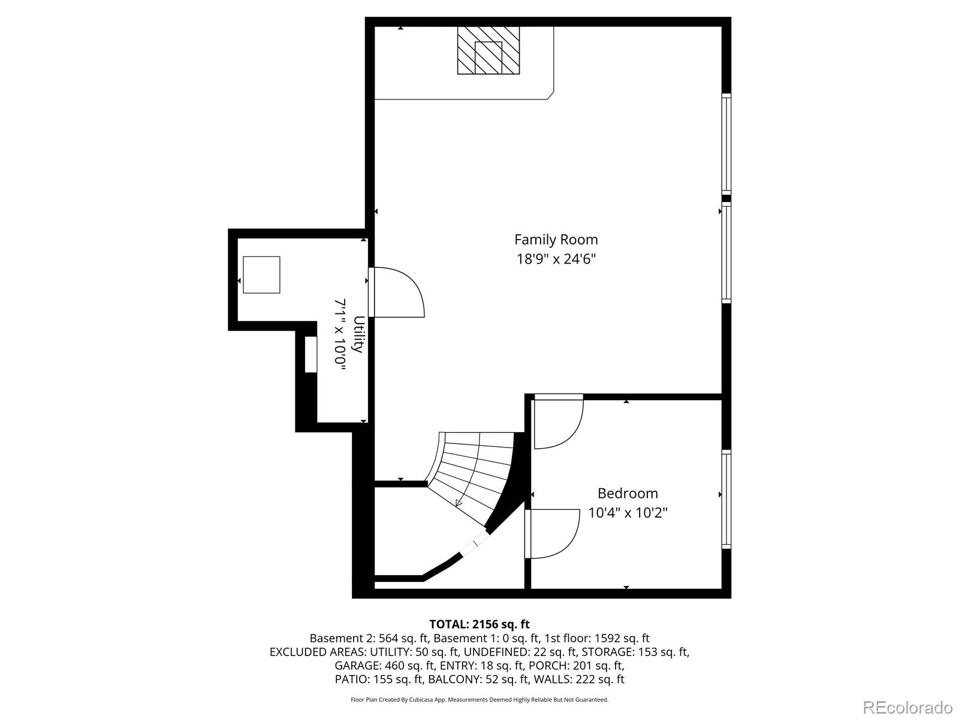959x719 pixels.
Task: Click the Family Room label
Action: coord(556,240)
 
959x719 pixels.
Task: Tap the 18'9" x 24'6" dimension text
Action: coord(556,259)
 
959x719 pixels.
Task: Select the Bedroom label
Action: coord(628,493)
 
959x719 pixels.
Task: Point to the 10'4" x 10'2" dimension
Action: coord(628,513)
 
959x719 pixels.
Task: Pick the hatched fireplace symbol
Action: coord(488,50)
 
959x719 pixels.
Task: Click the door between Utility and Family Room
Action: coord(396,292)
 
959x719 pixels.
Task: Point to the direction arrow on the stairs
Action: coord(460,502)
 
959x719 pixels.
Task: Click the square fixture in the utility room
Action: coord(261,274)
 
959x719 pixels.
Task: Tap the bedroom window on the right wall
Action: coord(726,499)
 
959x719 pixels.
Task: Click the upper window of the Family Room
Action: coord(726,144)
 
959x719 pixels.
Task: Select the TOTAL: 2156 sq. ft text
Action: coord(479,624)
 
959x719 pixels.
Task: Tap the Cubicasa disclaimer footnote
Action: coord(479,699)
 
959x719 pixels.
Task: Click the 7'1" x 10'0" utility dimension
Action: coord(340,334)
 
